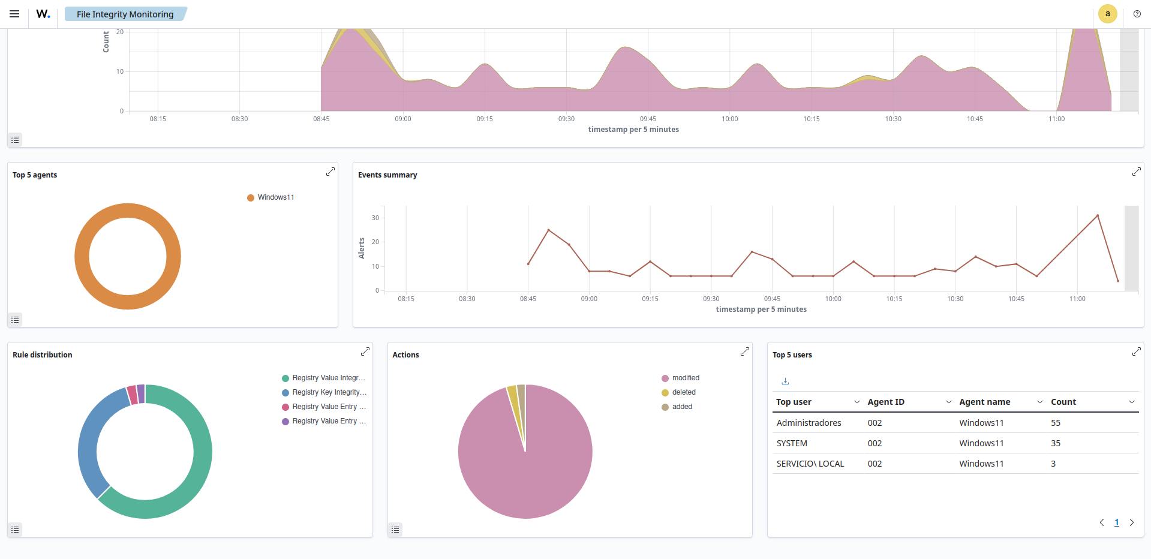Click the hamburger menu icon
pos(14,14)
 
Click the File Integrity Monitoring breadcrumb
pos(125,14)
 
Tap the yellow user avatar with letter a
pos(1107,14)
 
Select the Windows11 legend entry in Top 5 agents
pos(275,197)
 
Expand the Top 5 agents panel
pos(330,172)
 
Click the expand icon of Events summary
pos(1136,172)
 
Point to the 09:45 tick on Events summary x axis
pos(772,299)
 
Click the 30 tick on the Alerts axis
pos(375,218)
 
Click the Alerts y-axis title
pos(362,248)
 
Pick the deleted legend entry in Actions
pos(683,392)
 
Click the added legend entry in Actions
pos(682,407)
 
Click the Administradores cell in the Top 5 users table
pos(809,423)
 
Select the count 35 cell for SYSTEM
pos(1056,443)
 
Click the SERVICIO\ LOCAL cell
pos(810,464)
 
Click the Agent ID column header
pos(886,402)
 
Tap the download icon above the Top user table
pos(785,381)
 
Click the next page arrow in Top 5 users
pos(1132,522)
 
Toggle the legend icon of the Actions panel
pos(395,530)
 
